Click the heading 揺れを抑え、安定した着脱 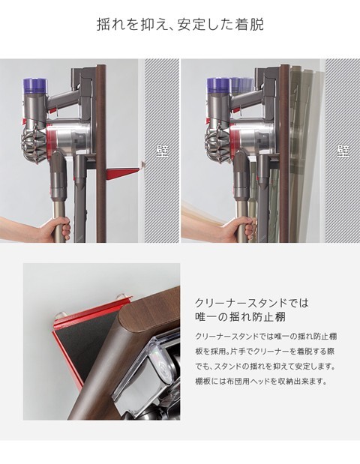click(x=180, y=24)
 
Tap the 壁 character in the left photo click(x=162, y=151)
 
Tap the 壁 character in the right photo click(x=343, y=151)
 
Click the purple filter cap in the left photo click(x=35, y=85)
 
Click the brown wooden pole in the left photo click(x=101, y=153)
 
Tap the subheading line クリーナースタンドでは click(x=251, y=303)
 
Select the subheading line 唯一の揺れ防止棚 click(x=240, y=317)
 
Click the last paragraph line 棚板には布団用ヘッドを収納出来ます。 click(x=261, y=381)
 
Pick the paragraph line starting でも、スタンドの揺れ click(x=265, y=367)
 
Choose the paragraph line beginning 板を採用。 click(x=265, y=352)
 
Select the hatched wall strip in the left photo click(x=162, y=151)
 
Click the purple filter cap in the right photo click(x=219, y=85)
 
